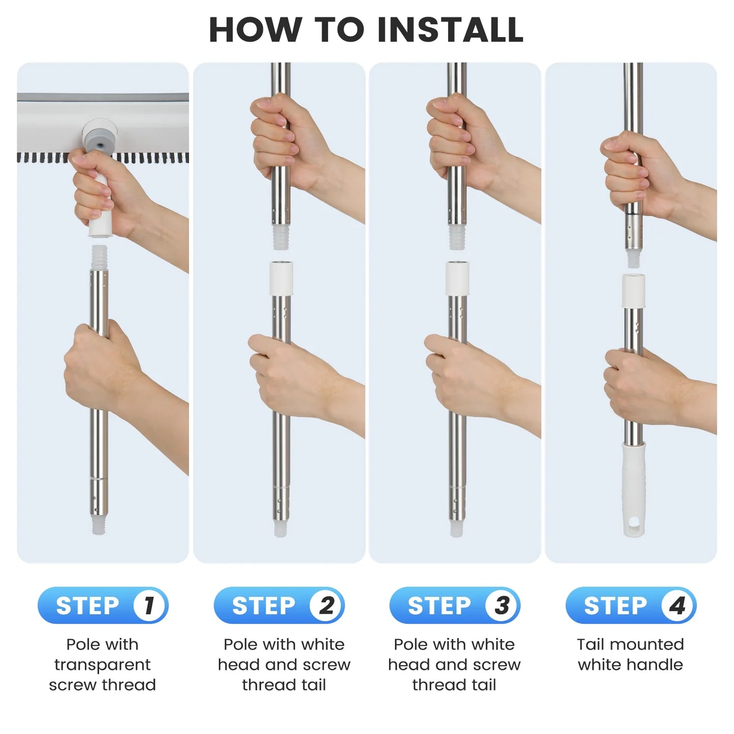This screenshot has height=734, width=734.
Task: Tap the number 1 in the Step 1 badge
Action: (149, 605)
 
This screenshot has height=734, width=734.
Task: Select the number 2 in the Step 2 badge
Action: (326, 605)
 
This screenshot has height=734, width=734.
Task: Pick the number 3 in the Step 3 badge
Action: (502, 605)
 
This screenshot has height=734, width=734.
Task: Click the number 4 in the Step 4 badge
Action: (678, 605)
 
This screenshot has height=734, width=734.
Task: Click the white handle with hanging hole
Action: (634, 488)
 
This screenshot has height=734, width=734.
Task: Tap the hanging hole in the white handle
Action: (634, 523)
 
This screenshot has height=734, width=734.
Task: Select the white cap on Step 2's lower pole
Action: (281, 278)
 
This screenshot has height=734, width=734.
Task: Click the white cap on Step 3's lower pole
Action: (457, 278)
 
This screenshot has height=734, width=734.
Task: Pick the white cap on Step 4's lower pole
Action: (633, 291)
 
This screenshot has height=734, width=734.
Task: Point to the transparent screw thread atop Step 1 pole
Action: (99, 257)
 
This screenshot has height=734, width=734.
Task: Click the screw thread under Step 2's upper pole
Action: (281, 237)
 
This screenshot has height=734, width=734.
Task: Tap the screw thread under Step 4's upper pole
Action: (633, 259)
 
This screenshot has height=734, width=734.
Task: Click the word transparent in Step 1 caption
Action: (102, 664)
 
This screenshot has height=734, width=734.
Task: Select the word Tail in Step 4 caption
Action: (591, 644)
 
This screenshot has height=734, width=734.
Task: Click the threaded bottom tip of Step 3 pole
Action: (457, 529)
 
